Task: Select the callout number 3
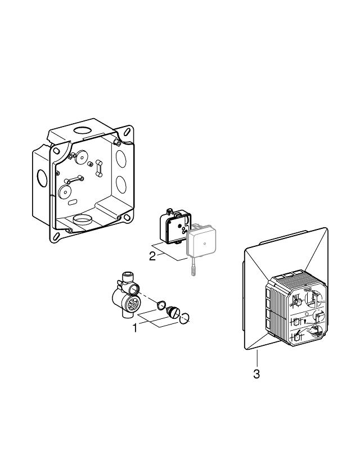(256, 374)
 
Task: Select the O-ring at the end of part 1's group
(186, 319)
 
